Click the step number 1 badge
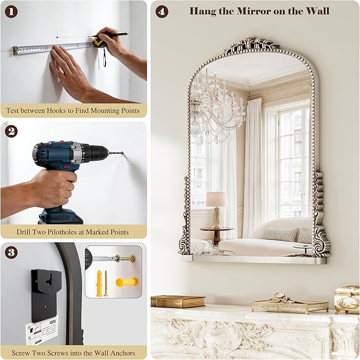click(x=11, y=12)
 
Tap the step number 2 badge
click(x=11, y=131)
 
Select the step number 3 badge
click(x=11, y=252)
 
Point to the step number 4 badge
click(x=162, y=12)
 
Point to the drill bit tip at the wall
click(x=123, y=153)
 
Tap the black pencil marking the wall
click(x=109, y=35)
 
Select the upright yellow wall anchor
click(x=99, y=283)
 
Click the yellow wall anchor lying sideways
click(x=127, y=282)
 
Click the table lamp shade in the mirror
click(x=216, y=199)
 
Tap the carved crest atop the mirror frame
click(x=252, y=45)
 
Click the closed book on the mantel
click(x=178, y=302)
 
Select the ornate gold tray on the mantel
click(x=289, y=304)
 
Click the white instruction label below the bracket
click(x=42, y=330)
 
